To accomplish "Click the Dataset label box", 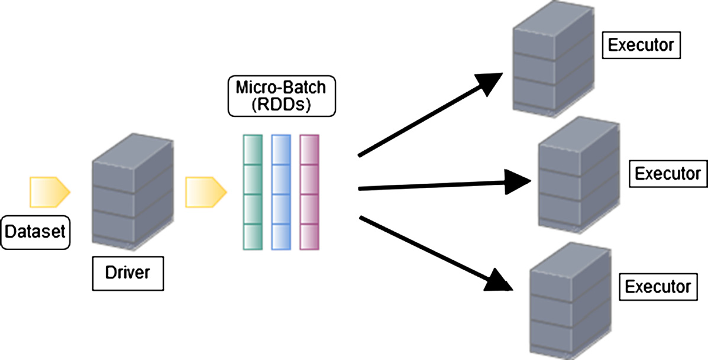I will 35,232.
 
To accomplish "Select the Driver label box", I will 127,273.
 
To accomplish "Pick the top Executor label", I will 641,46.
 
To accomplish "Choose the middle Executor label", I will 667,174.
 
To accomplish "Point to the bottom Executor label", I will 658,287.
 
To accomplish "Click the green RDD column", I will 253,192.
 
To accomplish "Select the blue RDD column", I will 281,192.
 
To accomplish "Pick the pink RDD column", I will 309,192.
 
